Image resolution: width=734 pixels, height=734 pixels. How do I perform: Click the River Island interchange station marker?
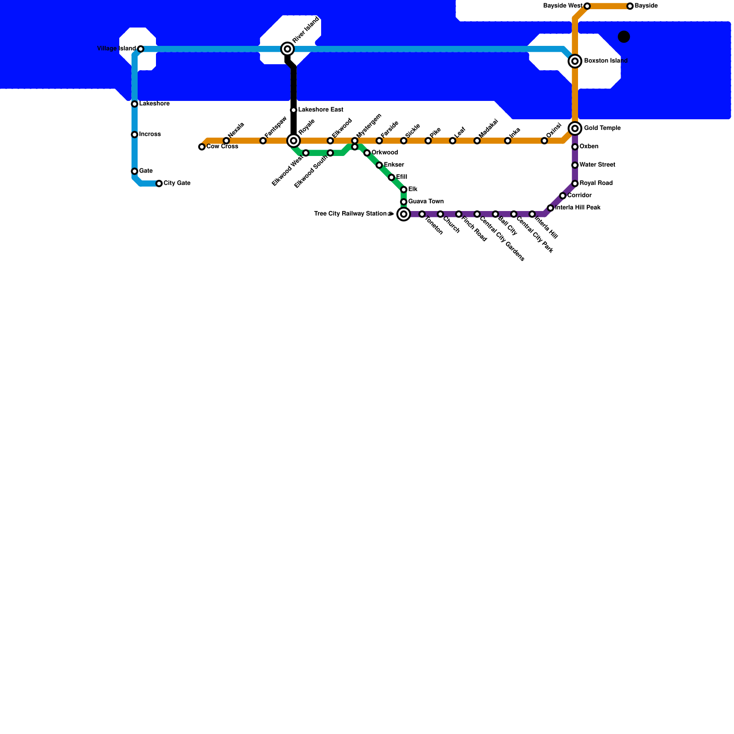288,49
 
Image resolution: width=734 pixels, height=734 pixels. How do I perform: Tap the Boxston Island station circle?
575,61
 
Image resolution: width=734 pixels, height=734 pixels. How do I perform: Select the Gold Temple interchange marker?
575,128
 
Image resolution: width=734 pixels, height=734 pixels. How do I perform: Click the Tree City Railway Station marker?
404,214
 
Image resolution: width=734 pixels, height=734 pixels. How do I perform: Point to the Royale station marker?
294,140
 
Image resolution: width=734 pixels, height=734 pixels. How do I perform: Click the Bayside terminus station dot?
630,6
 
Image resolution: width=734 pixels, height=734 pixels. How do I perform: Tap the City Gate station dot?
159,183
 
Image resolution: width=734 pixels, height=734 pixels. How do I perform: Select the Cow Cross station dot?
202,147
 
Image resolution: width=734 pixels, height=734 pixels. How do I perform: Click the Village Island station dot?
141,49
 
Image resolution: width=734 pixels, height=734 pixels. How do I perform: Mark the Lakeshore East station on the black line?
294,110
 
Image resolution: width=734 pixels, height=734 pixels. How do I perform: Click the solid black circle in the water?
624,37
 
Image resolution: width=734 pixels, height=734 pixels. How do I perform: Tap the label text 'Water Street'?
597,165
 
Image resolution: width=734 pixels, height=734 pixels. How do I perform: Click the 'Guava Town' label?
426,202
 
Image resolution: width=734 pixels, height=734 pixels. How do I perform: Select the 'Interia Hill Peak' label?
578,208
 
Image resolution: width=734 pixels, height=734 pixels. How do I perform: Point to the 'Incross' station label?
150,134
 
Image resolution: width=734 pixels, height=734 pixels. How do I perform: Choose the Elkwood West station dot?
306,153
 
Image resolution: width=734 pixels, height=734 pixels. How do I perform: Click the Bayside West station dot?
587,6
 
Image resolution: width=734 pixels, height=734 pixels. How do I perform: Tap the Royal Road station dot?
575,183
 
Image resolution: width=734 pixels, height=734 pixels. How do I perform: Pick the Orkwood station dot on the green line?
367,153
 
